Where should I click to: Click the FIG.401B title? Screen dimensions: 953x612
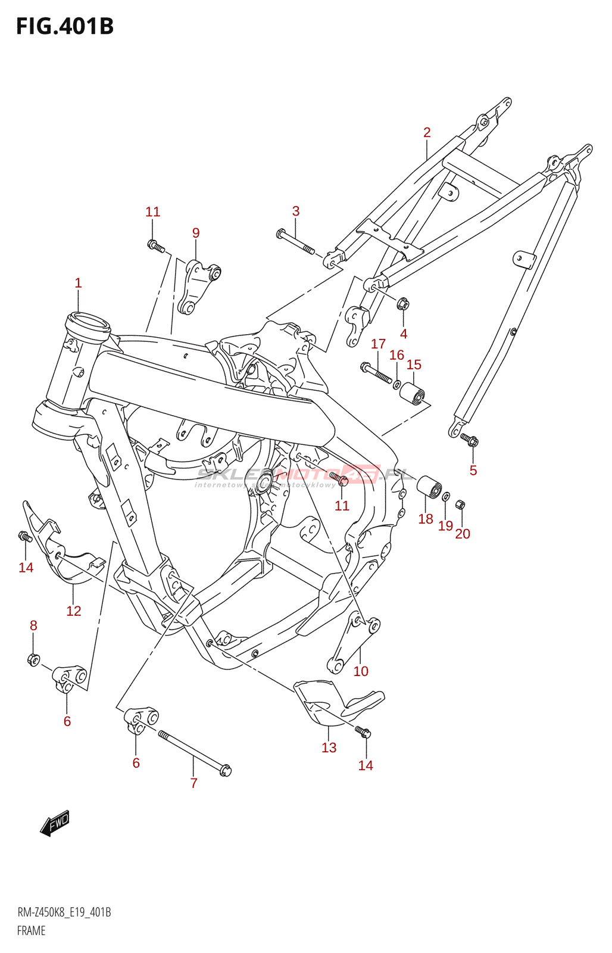coord(64,26)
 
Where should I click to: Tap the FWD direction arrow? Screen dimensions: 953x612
coord(55,824)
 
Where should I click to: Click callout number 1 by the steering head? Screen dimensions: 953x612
coord(78,283)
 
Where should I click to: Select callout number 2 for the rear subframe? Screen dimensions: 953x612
coord(427,132)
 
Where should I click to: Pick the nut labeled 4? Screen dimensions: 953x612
coord(403,304)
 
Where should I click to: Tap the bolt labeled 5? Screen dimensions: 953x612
coord(470,441)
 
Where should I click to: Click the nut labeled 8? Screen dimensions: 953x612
coord(33,659)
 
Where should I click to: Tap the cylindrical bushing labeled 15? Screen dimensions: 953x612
coord(412,393)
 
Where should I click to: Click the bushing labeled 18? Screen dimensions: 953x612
coord(429,487)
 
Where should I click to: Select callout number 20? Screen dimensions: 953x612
coord(463,534)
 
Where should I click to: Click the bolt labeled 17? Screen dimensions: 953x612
coord(376,372)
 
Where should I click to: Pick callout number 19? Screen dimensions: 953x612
coord(445,526)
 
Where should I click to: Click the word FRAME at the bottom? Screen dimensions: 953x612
coord(31,930)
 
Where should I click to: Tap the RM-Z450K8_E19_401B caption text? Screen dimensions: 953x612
coord(64,912)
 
